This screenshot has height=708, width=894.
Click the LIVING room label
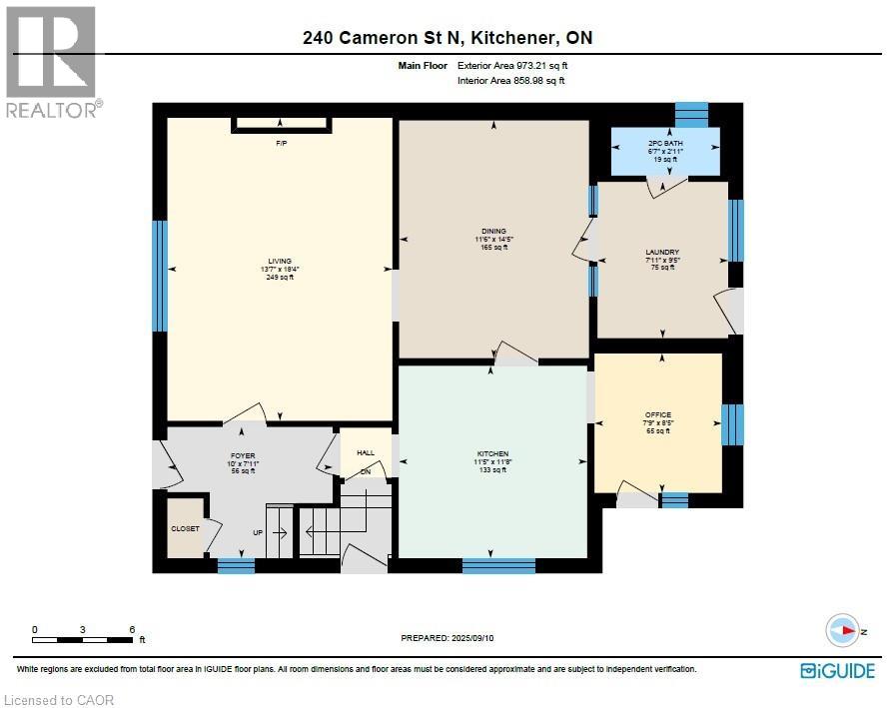tap(279, 261)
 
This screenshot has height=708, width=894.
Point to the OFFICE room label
tap(658, 414)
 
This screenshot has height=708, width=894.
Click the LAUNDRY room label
tap(662, 252)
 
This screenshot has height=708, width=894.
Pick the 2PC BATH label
tap(663, 144)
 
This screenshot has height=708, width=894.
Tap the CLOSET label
tap(185, 528)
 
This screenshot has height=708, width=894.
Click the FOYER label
tap(243, 455)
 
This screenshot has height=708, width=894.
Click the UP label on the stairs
tap(258, 532)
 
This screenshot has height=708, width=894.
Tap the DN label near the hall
tap(366, 471)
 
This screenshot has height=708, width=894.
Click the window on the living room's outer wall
tap(159, 276)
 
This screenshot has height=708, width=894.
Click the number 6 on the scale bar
tap(131, 629)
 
